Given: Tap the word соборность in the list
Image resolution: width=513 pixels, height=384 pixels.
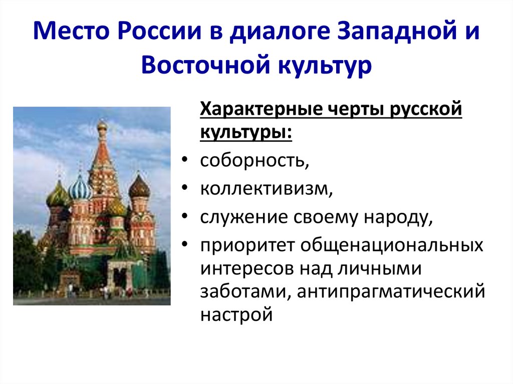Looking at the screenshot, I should [252, 162].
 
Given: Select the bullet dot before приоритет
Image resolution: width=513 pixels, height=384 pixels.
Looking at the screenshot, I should [185, 246].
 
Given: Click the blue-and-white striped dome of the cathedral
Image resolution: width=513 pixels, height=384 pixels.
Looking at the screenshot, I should [80, 189].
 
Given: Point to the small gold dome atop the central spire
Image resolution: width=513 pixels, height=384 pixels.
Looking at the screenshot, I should [102, 125].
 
